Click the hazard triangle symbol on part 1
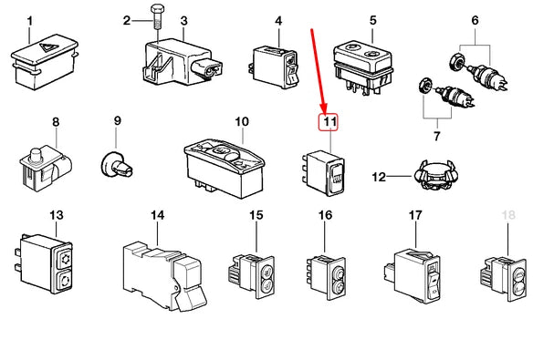(x=46, y=46)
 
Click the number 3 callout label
(x=183, y=21)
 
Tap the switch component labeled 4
(x=275, y=68)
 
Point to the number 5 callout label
(x=373, y=20)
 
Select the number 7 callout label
(x=437, y=136)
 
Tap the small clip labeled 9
(x=116, y=166)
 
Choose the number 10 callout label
(x=242, y=122)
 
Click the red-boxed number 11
(x=329, y=122)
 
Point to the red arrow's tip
(x=325, y=111)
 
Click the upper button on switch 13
(x=64, y=259)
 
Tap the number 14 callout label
(x=157, y=215)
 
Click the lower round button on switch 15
(x=266, y=285)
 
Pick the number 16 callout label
(x=325, y=215)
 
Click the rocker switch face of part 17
(x=432, y=282)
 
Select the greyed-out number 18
(x=508, y=215)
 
